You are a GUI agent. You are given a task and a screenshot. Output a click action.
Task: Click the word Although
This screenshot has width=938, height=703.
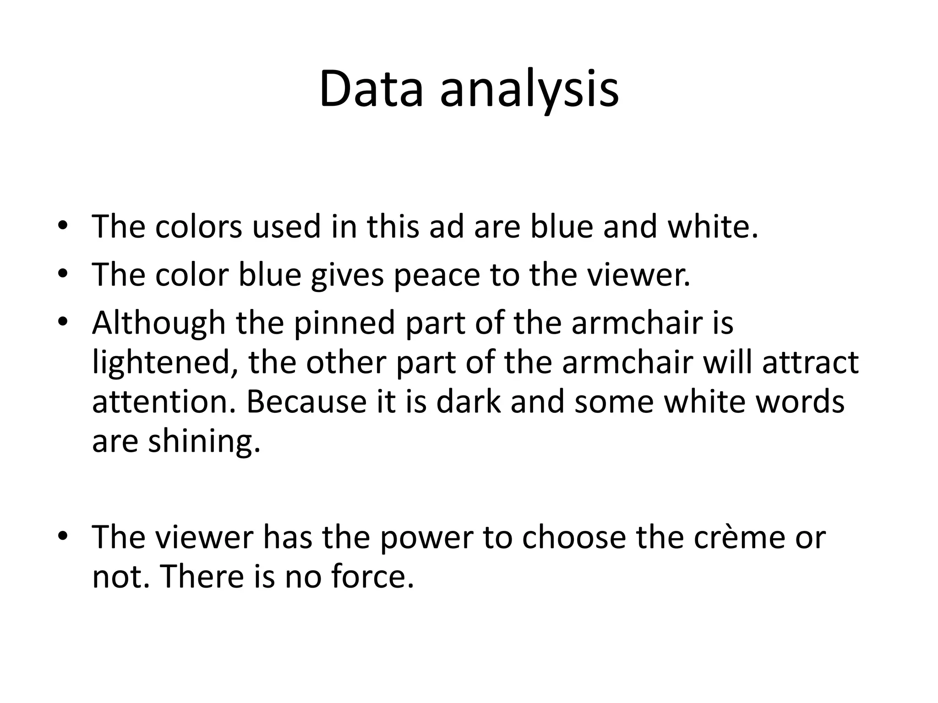(x=158, y=323)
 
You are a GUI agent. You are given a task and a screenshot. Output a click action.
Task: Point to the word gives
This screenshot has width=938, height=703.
(x=347, y=275)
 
